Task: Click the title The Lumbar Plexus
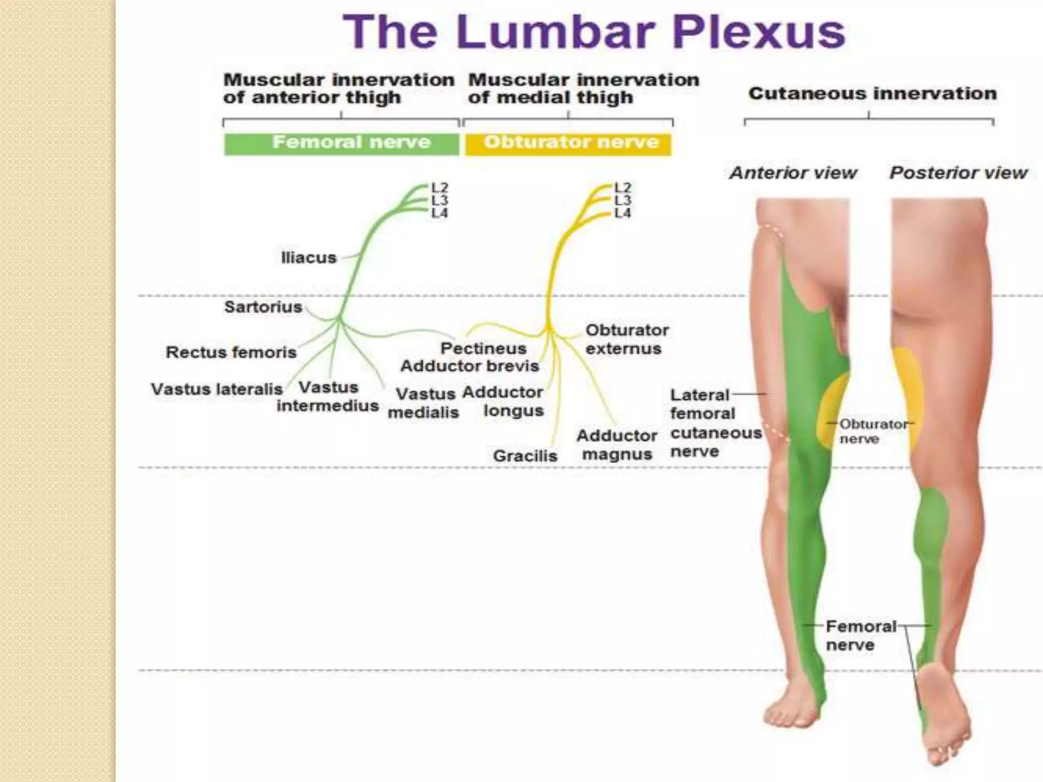(x=594, y=32)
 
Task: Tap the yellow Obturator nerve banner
(x=568, y=143)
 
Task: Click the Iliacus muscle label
(x=309, y=258)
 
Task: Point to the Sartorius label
(x=263, y=307)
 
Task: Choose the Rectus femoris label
(x=231, y=352)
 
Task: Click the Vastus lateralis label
(x=216, y=389)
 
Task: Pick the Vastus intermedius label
(x=327, y=397)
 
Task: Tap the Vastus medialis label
(x=424, y=403)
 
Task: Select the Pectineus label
(x=483, y=349)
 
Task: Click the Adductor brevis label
(x=470, y=366)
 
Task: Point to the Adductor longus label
(x=503, y=401)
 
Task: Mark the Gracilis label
(x=525, y=456)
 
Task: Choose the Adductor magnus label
(x=617, y=445)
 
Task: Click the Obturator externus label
(x=626, y=339)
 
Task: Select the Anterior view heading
(x=793, y=173)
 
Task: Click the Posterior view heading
(x=958, y=173)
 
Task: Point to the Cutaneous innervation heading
(x=872, y=94)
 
